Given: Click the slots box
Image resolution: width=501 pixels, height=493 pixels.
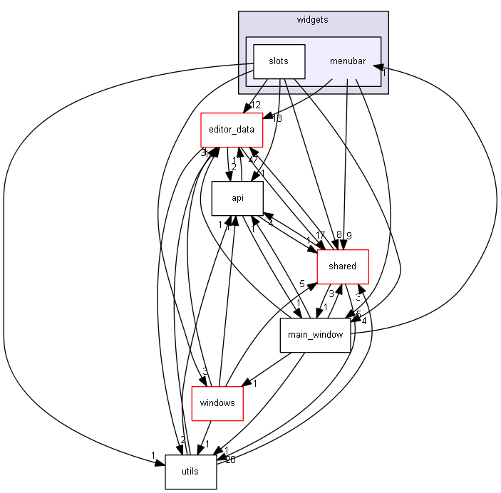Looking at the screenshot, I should [279, 61].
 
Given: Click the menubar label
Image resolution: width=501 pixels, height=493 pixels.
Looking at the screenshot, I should [347, 61].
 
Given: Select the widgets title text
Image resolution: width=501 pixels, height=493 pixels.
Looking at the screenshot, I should [312, 20].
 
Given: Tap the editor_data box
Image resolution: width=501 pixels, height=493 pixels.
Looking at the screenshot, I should [231, 130].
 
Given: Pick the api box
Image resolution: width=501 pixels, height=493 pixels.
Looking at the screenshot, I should [237, 198].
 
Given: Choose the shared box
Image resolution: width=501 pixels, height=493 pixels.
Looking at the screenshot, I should [342, 266].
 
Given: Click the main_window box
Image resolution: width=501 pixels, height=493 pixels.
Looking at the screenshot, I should [315, 335].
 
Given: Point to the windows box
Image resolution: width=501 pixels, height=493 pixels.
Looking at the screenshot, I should [217, 403].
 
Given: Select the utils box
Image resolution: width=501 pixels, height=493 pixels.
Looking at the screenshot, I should [190, 472].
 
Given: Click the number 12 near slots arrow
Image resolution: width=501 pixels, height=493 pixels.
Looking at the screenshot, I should [256, 105].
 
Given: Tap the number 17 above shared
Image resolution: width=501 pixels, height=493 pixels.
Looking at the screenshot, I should [320, 235].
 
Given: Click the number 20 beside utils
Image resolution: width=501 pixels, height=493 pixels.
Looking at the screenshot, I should [230, 460].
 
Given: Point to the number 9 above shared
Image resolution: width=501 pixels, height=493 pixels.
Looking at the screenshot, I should [349, 235].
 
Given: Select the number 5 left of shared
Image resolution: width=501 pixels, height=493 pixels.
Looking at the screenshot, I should [302, 284].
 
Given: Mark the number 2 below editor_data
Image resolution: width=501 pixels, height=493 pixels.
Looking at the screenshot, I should [232, 167].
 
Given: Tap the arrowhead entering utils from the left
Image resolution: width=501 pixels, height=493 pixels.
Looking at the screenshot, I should [160, 463].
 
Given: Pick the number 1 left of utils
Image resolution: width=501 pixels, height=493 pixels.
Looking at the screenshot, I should [152, 455].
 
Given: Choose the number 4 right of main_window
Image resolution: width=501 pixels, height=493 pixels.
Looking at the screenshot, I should [363, 321].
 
